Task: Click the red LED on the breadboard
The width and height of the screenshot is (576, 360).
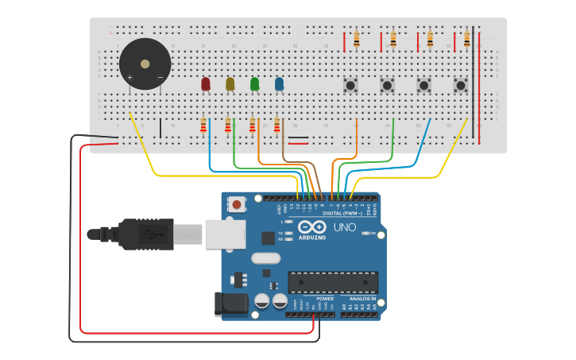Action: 206,83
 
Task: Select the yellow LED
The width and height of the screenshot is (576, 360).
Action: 230,83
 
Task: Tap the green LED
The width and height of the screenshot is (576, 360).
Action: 255,83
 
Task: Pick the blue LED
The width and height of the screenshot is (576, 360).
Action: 279,83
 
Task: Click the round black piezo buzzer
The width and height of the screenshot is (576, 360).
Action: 145,64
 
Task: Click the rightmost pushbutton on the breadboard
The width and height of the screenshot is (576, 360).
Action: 460,84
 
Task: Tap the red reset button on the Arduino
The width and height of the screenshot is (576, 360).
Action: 236,204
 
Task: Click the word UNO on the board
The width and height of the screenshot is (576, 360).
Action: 344,227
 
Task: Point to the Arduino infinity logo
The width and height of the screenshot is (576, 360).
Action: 312,227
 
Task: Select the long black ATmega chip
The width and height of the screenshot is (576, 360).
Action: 333,282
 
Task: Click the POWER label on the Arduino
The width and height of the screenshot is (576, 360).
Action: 325,299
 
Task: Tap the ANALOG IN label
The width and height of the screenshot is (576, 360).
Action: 363,299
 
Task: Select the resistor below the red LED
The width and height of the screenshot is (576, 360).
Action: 203,126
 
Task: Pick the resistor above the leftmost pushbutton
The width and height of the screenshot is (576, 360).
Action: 356,38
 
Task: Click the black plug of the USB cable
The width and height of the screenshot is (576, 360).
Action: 143,235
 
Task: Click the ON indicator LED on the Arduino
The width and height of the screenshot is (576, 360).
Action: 365,233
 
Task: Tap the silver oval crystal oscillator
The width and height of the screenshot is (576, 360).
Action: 266,258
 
